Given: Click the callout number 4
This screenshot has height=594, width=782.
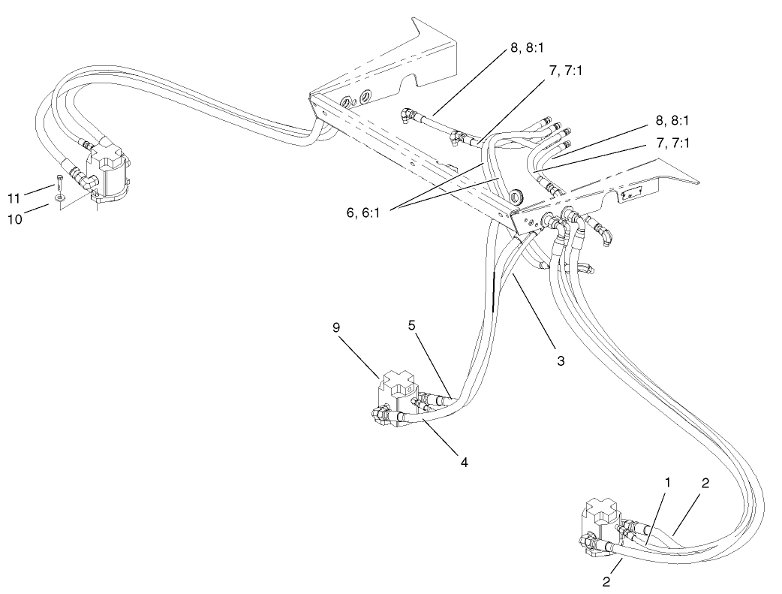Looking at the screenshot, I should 465,463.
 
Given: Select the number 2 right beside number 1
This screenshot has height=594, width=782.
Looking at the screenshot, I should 705,484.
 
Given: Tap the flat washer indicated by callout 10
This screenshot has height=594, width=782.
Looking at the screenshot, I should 59,201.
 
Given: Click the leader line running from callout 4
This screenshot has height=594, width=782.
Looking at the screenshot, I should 443,440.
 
